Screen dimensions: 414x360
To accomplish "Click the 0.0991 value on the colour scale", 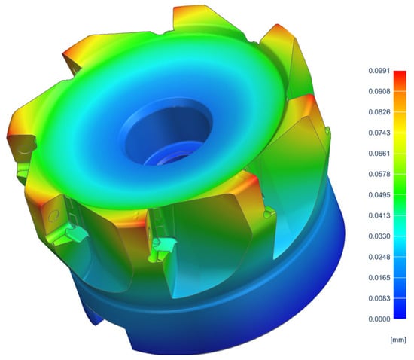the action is pyautogui.click(x=379, y=71).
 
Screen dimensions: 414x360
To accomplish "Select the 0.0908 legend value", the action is pyautogui.click(x=379, y=91).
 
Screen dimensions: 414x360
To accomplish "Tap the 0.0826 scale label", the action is pyautogui.click(x=379, y=112).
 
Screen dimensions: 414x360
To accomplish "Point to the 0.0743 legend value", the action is pyautogui.click(x=379, y=133).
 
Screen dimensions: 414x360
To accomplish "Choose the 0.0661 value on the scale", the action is pyautogui.click(x=379, y=154).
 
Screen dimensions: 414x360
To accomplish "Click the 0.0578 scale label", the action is pyautogui.click(x=379, y=174).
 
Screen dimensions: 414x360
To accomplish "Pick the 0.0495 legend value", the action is pyautogui.click(x=379, y=195).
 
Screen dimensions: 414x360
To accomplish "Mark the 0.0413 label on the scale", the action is pyautogui.click(x=379, y=215).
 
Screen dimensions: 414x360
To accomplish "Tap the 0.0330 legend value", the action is pyautogui.click(x=379, y=236).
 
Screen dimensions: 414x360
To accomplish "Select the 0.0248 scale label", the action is pyautogui.click(x=379, y=257).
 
